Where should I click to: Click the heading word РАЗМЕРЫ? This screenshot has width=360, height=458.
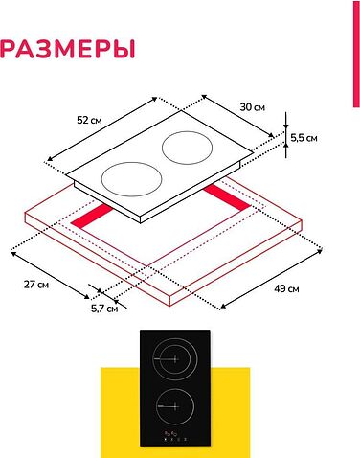coord(67,49)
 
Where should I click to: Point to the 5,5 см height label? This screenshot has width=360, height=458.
coord(304,138)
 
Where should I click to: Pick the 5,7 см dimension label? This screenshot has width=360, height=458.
coord(103,309)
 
